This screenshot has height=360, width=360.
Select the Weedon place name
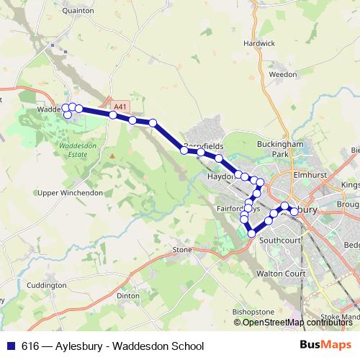282,74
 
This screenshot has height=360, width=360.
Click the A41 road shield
120,107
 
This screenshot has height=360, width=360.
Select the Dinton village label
128,295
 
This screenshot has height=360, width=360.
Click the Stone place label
181,250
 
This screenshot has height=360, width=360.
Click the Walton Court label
281,274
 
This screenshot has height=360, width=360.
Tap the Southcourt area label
279,240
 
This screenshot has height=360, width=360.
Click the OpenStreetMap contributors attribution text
298,323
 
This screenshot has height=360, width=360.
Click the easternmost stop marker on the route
294,212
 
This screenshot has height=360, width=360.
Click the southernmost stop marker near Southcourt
251,233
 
